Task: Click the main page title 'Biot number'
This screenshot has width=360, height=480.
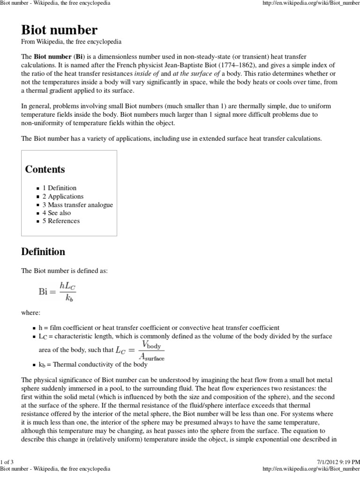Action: [60, 30]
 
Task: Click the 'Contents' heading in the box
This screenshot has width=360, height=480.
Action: [45, 169]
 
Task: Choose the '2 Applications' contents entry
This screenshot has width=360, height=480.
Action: [63, 196]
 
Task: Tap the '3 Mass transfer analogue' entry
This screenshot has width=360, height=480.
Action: [77, 205]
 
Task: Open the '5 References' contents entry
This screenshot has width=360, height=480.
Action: [61, 221]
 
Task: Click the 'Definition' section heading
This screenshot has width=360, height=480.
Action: [43, 252]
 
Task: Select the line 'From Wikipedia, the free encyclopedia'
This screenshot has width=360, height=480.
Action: [71, 42]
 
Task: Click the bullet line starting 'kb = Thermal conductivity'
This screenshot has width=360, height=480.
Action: [96, 364]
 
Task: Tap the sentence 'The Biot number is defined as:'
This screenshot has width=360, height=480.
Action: [65, 271]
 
